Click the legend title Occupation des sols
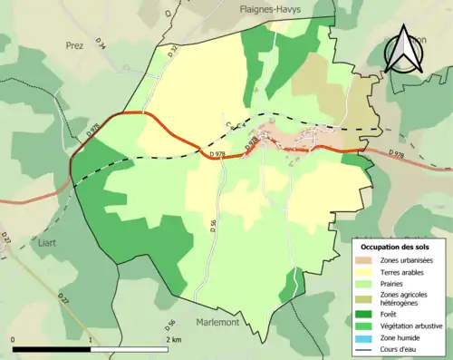pyautogui.click(x=395, y=247)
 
